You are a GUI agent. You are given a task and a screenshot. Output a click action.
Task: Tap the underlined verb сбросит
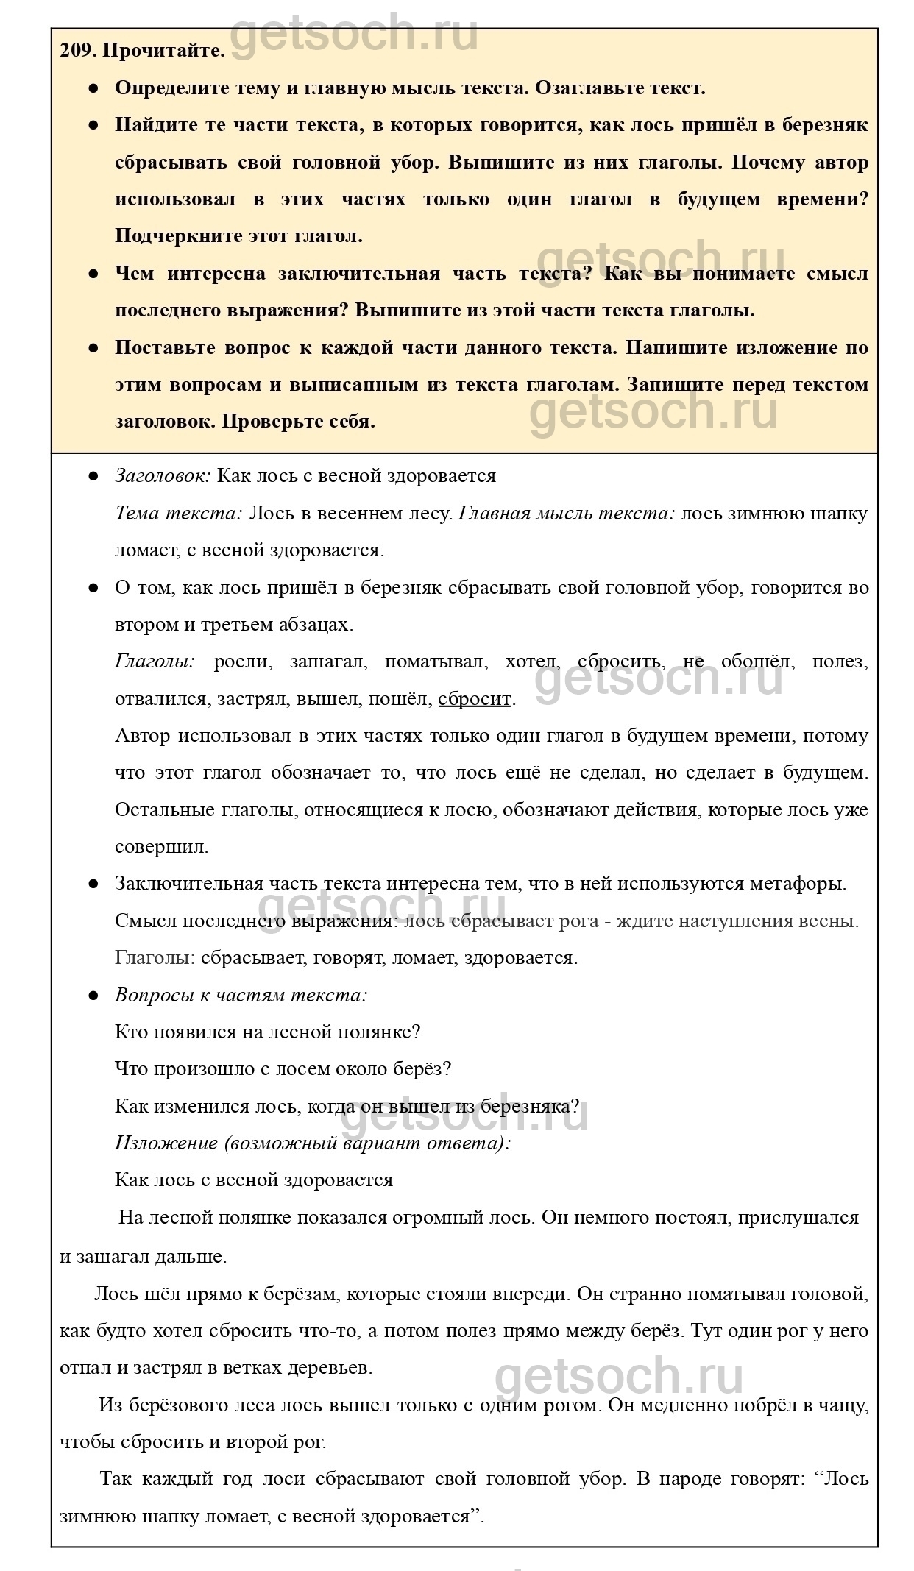(x=474, y=698)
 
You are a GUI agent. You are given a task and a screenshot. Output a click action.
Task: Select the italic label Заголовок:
(x=163, y=475)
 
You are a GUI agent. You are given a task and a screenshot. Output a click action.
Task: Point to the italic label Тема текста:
(x=179, y=513)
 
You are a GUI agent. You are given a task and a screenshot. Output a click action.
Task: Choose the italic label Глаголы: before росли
(x=155, y=662)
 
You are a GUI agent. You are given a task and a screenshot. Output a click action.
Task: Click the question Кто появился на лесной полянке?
(x=268, y=1032)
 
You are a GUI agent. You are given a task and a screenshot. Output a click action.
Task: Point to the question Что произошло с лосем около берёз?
(x=283, y=1068)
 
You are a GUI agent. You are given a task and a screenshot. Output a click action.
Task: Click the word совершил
(x=162, y=846)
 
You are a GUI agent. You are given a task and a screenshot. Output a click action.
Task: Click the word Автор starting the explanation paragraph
(x=143, y=736)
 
